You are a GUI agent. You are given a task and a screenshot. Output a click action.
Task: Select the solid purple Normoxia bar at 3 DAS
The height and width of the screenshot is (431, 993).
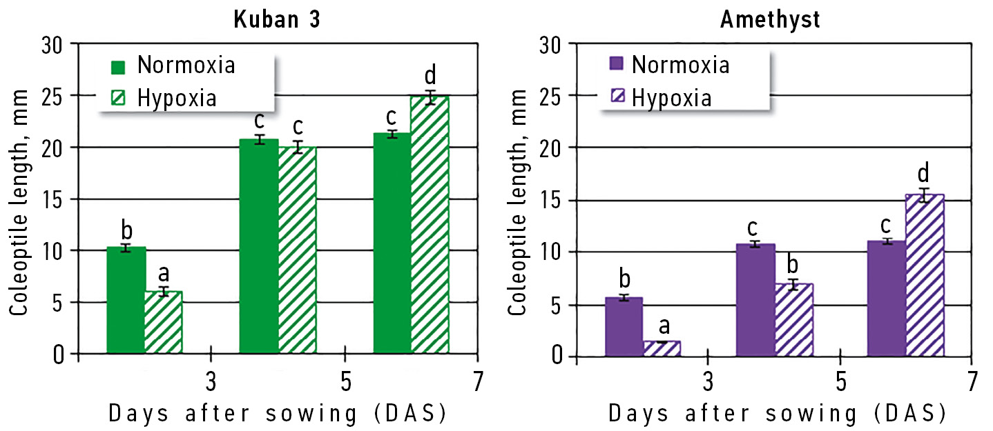point(624,327)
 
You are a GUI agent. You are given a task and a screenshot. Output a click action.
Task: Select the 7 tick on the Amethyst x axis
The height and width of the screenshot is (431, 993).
point(972,381)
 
